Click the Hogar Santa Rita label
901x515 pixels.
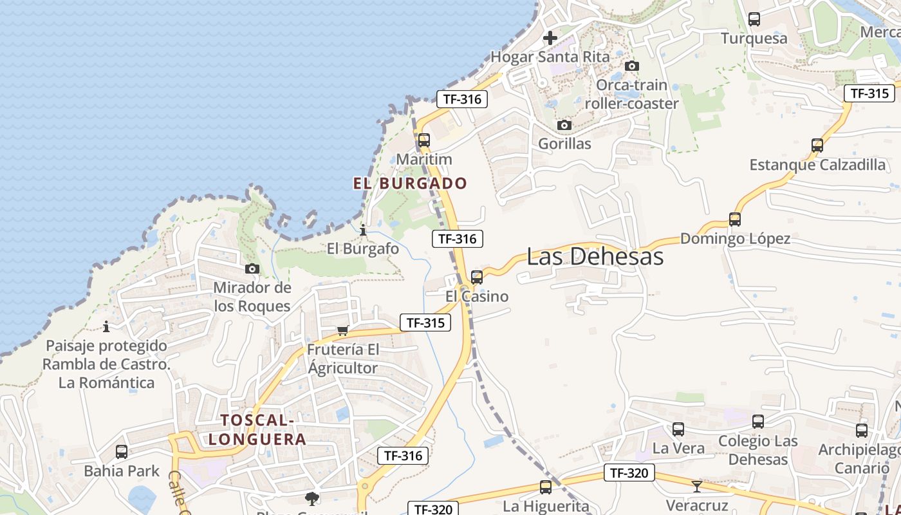[550, 57]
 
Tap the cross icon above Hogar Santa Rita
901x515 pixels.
[550, 38]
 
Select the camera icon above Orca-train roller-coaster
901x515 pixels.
[632, 66]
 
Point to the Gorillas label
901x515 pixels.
[564, 144]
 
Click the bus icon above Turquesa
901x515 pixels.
[754, 19]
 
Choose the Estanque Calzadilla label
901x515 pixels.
[817, 165]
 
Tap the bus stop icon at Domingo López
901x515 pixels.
[735, 219]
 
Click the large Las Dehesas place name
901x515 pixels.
[595, 256]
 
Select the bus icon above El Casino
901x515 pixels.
[476, 277]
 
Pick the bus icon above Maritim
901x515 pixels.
[423, 140]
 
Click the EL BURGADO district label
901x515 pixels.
[410, 183]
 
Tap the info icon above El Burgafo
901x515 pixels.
[363, 230]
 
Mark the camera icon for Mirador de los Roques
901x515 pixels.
[252, 268]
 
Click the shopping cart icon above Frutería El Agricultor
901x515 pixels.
[343, 330]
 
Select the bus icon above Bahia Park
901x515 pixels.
[121, 452]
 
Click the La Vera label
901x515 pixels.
[678, 448]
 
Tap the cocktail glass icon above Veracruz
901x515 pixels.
[696, 486]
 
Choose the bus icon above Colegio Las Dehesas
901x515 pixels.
[758, 422]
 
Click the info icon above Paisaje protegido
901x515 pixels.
[106, 326]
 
